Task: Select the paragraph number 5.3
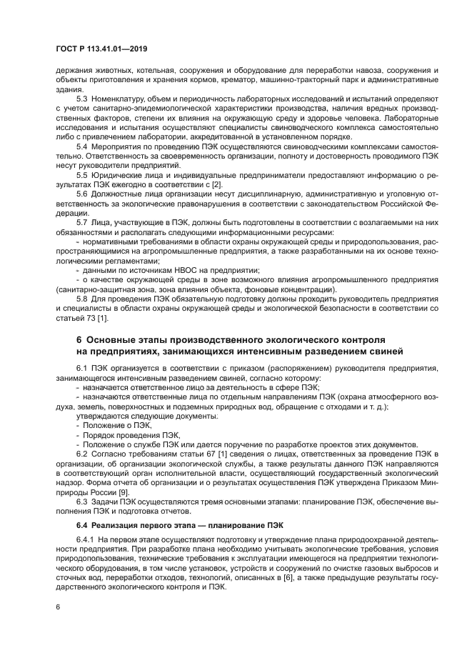coord(82,98)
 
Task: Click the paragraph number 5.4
coord(82,146)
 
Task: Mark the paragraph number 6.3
coord(82,502)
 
